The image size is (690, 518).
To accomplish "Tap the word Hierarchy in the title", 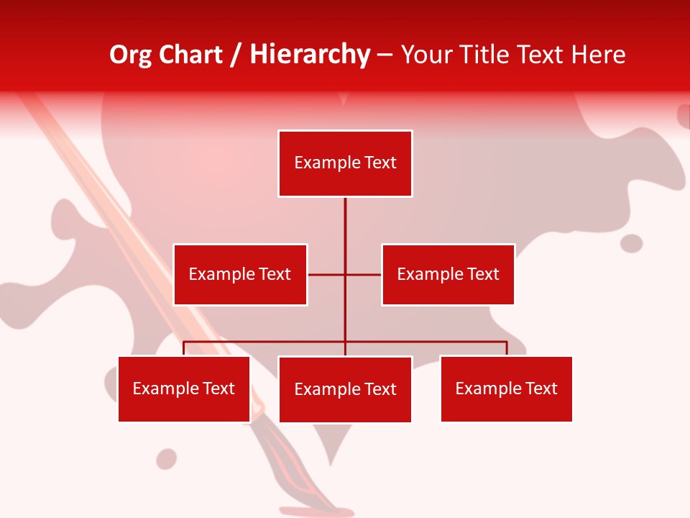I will coord(310,55).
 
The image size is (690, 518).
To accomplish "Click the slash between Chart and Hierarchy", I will coord(236,55).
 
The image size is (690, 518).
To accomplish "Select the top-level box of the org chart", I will coord(345,163).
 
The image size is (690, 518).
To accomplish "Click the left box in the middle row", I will coord(240,274).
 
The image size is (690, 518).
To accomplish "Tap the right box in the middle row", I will coord(448,274).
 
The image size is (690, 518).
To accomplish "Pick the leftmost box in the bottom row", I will coord(184,388).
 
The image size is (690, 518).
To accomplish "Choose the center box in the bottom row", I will coord(345,389).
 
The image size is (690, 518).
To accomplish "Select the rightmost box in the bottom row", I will coord(506,388).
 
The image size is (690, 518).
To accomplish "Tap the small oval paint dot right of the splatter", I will coord(631,243).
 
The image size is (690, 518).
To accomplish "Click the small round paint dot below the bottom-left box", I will coord(167,458).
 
